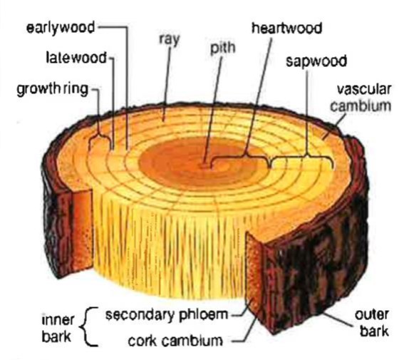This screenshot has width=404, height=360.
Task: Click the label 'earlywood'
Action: [61, 28]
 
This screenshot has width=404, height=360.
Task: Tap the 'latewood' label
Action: [76, 58]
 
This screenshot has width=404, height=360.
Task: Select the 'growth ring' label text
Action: [53, 90]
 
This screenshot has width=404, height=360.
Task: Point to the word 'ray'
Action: [169, 40]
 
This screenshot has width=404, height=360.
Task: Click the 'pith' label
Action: [223, 48]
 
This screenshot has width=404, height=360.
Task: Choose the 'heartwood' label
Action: [286, 28]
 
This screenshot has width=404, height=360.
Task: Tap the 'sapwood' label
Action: [316, 61]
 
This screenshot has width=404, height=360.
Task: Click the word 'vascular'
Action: [364, 89]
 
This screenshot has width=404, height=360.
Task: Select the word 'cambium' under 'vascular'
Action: [361, 106]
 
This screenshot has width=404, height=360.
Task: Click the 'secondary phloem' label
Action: [167, 315]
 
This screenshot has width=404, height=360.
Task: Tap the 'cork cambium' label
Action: [175, 341]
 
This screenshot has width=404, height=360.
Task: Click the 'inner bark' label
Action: [58, 328]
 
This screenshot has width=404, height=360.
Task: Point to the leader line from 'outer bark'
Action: [338, 319]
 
